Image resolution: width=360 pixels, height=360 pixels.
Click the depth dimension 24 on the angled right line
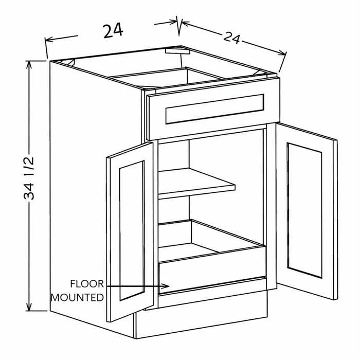[232, 39]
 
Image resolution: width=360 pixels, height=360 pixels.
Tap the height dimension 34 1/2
[29, 178]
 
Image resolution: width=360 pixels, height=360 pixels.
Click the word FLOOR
[87, 284]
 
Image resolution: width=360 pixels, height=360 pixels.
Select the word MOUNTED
[77, 298]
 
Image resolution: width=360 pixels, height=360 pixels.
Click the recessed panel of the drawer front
[214, 109]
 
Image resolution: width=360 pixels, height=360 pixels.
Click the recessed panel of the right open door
[304, 210]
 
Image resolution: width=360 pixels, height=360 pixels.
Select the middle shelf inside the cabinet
[196, 184]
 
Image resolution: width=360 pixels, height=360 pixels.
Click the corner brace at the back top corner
[177, 51]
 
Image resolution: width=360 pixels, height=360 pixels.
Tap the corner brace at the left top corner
[68, 62]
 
